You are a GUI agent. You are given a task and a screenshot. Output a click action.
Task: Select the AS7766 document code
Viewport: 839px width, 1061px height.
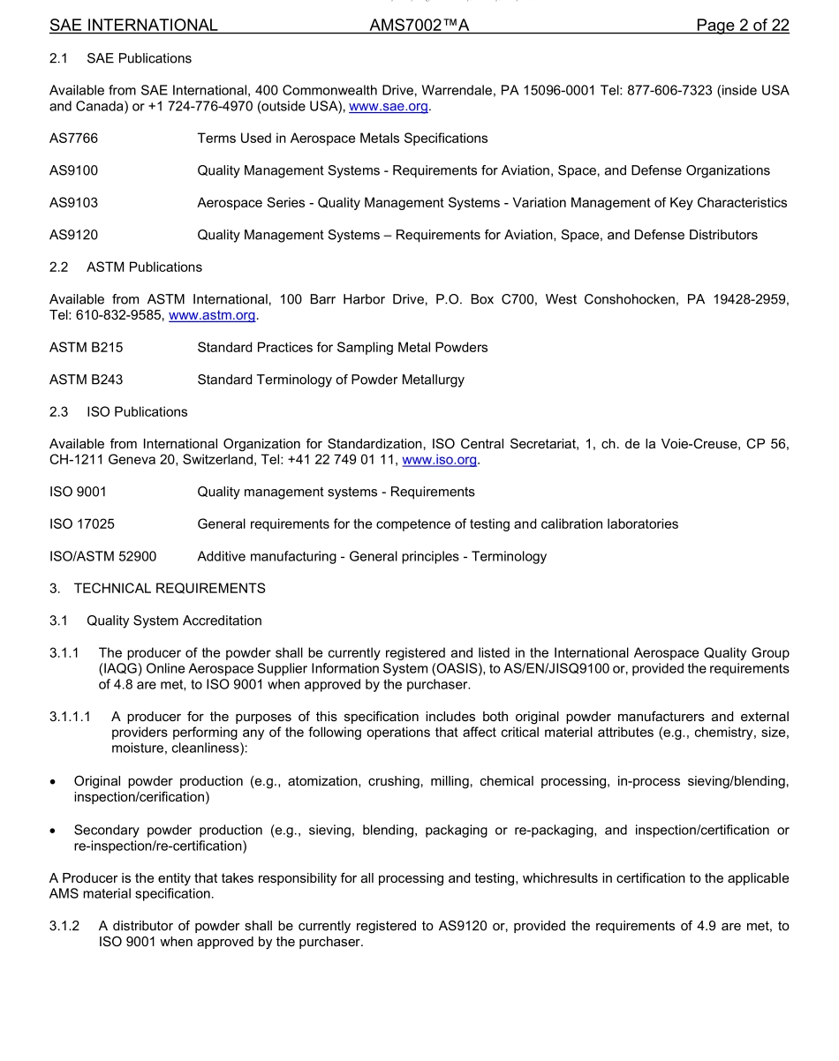[x=73, y=139]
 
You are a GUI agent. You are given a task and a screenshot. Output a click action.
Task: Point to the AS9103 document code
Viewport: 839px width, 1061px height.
[x=73, y=203]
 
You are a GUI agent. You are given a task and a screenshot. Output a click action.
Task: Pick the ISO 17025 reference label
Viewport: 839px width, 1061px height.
[x=81, y=524]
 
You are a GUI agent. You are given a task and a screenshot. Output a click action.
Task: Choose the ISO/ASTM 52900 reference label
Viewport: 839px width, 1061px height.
[x=102, y=557]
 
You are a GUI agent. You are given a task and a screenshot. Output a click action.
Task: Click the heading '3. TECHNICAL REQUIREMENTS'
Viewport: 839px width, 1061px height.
[x=157, y=589]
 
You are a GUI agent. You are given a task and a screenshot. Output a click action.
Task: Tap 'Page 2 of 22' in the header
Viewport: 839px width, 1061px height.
[x=742, y=26]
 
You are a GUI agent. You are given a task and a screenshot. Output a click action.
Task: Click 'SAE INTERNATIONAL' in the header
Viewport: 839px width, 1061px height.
[x=133, y=26]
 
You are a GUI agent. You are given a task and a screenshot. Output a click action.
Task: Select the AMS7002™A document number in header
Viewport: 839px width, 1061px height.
[x=419, y=26]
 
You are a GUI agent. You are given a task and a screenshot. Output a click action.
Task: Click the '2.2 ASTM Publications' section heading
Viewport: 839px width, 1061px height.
[x=125, y=267]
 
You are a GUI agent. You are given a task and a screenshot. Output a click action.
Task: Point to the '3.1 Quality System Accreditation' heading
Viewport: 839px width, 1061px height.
[x=155, y=621]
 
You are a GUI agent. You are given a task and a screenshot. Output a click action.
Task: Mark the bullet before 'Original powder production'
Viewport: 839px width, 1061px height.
[x=55, y=782]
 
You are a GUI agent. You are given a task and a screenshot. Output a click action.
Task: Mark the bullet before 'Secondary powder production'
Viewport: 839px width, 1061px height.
[x=55, y=831]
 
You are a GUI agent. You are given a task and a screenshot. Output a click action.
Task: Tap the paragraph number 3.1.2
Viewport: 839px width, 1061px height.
[x=64, y=926]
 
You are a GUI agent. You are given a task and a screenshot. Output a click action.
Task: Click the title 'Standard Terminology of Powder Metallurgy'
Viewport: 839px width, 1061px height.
[x=330, y=380]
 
